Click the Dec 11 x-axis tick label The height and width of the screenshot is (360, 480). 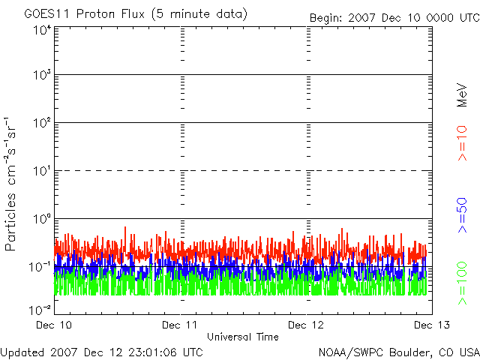click(x=181, y=325)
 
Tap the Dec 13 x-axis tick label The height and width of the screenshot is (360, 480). click(x=430, y=325)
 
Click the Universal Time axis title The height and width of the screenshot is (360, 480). click(x=243, y=337)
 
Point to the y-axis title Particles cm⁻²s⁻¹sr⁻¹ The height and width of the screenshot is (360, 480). click(x=11, y=183)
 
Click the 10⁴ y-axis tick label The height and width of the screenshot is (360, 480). click(x=40, y=30)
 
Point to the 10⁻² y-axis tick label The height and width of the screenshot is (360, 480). click(x=40, y=309)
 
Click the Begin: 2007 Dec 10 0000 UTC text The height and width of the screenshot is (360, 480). click(x=394, y=17)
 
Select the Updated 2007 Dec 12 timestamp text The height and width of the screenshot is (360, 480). click(x=101, y=351)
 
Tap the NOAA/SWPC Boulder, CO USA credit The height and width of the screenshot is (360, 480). click(x=398, y=351)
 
